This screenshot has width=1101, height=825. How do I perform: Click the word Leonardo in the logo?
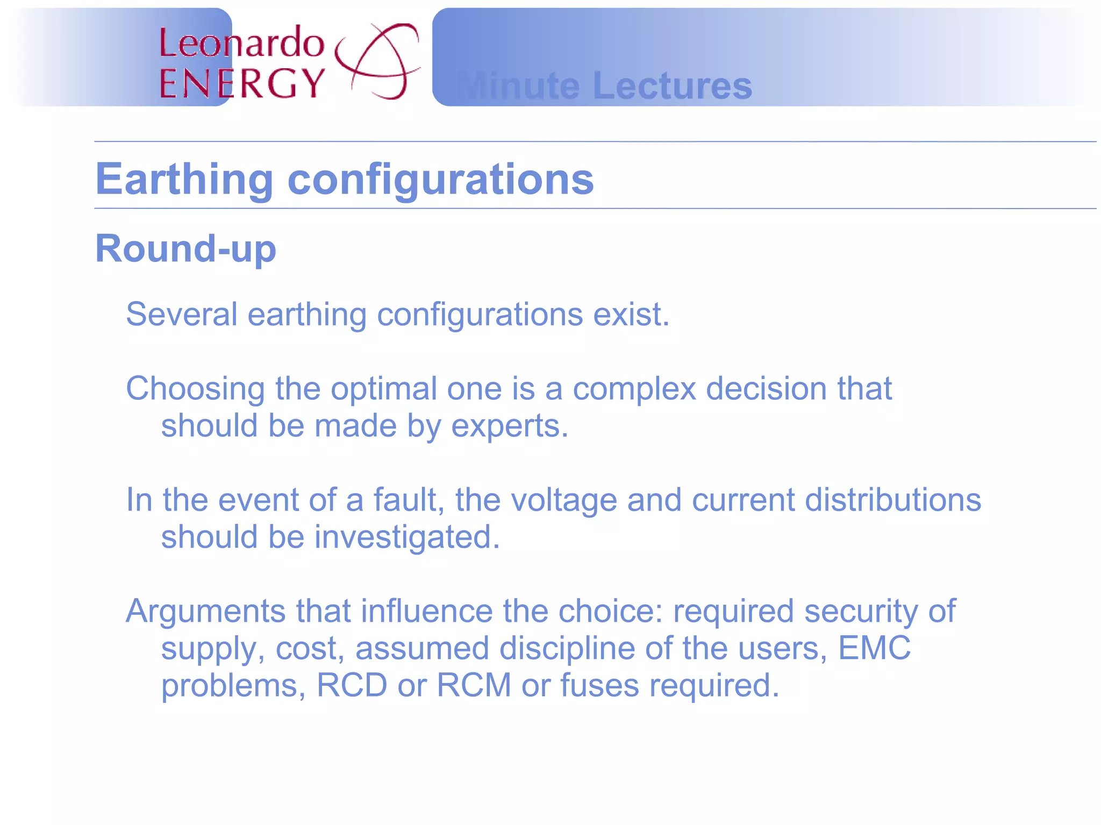coord(241,42)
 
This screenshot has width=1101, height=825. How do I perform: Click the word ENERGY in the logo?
coord(242,84)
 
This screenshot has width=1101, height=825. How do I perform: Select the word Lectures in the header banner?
coord(671,86)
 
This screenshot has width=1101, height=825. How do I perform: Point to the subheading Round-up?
coord(185,249)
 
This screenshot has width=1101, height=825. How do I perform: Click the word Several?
coord(181,314)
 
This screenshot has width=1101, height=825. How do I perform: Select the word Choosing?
coord(195,389)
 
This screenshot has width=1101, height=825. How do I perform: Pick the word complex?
coord(634,389)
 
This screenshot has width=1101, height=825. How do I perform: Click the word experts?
coord(508,426)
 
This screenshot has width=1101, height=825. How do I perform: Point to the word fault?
coord(408,500)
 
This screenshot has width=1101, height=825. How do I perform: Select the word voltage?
coord(563,500)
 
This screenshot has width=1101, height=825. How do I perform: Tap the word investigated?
coord(406,537)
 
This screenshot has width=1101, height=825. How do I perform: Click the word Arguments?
coord(205,611)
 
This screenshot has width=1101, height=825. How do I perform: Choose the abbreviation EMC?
coord(874,648)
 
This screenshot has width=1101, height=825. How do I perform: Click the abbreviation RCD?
coord(352,685)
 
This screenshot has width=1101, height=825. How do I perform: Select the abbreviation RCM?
coord(474,685)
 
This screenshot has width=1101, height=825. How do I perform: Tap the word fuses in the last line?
coord(599,685)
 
